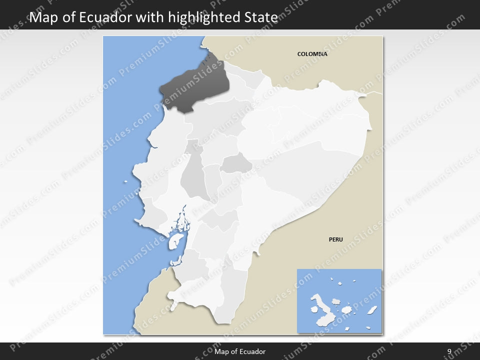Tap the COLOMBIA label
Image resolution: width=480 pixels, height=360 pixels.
click(312, 54)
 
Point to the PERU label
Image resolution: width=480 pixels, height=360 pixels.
click(335, 239)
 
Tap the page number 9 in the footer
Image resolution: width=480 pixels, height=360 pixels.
click(449, 351)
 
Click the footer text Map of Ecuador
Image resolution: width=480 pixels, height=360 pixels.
click(240, 351)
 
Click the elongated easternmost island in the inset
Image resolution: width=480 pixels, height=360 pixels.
click(371, 310)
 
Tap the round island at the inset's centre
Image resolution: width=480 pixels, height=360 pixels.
click(346, 310)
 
